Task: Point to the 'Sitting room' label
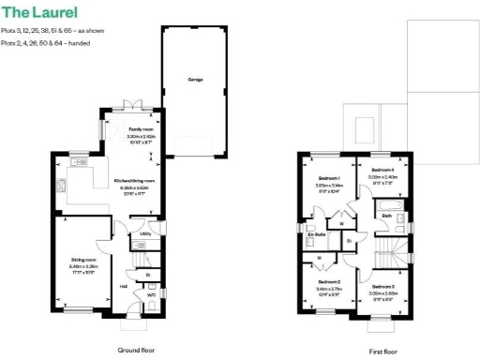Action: (x=84, y=260)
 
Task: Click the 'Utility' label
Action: (x=146, y=233)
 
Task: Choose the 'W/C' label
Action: (x=151, y=294)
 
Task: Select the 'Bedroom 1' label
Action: (x=327, y=178)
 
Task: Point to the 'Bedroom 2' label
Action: (x=327, y=281)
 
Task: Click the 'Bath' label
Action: (x=386, y=217)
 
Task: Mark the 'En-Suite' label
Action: (x=316, y=233)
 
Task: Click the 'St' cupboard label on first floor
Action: (x=349, y=241)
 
